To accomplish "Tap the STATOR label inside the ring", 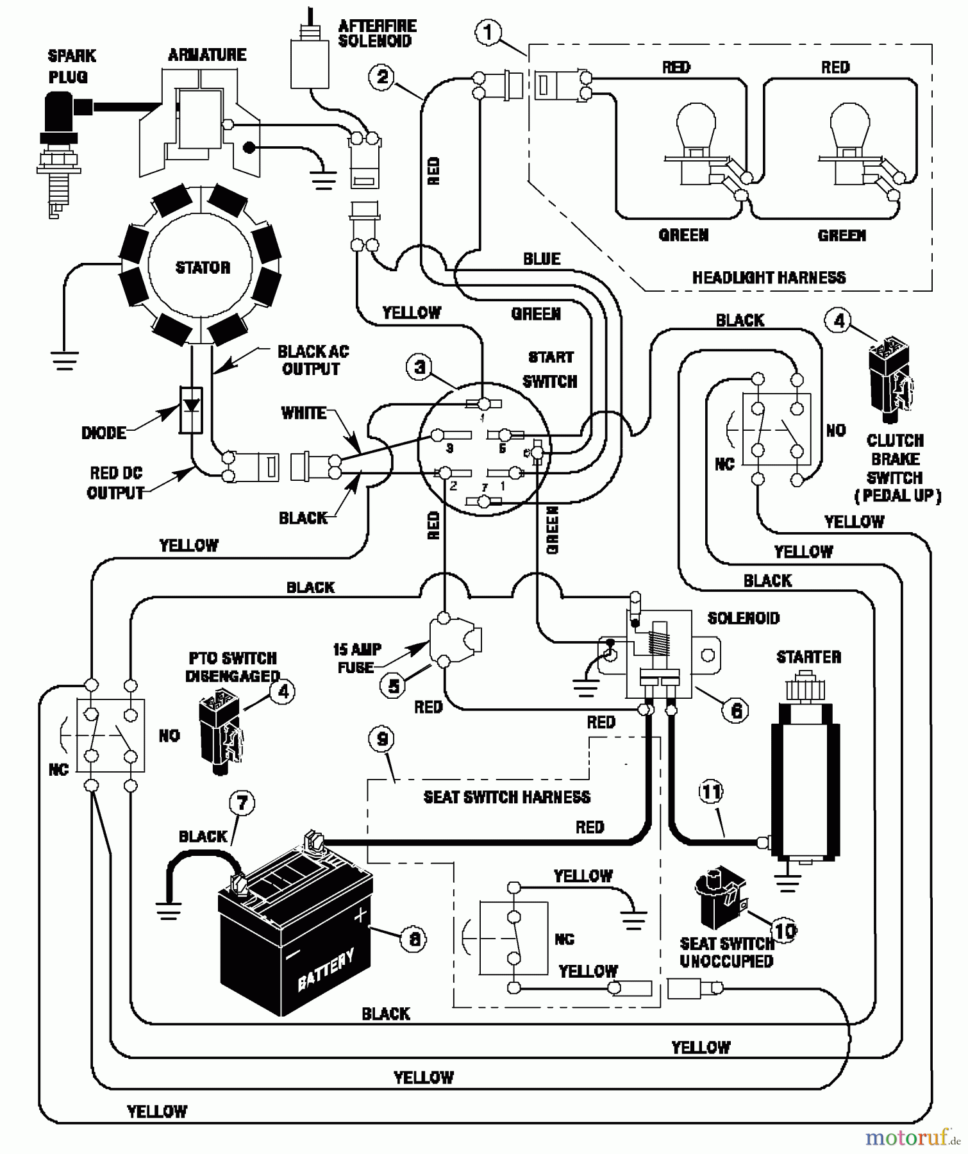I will coord(203,267).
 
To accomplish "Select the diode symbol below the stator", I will coord(191,409).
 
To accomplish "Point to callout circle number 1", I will coord(488,32).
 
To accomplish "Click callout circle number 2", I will coord(382,78).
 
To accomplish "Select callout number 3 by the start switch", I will coord(419,367).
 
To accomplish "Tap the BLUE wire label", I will coord(542,258).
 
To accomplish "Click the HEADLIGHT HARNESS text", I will coord(769,278).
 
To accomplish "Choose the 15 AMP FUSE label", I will coord(356,658).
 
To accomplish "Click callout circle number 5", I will coord(393,686).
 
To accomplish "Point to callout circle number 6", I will coord(736,710).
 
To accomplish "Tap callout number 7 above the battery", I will coord(242,803).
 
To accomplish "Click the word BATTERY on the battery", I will coord(326,971).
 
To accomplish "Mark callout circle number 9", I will coord(382,740).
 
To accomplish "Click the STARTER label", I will coord(808,657).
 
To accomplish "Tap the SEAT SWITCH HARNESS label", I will coord(506,797).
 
